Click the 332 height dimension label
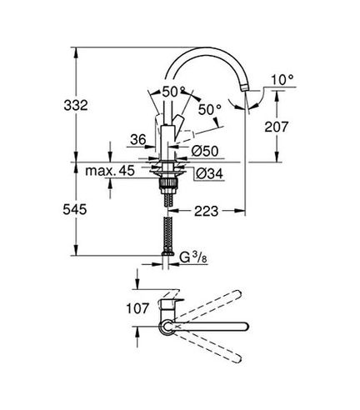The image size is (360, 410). tap(76, 105)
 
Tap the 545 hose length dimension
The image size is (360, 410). tap(75, 209)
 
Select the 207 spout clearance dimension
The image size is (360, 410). tap(277, 127)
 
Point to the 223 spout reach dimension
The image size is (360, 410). tap(207, 212)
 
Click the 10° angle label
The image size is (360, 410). tap(282, 80)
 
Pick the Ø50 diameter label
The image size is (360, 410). tap(205, 151)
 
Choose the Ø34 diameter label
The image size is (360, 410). tap(209, 174)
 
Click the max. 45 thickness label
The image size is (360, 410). tap(110, 170)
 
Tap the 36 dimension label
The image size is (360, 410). tap(138, 139)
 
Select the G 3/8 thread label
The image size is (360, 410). tap(193, 257)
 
